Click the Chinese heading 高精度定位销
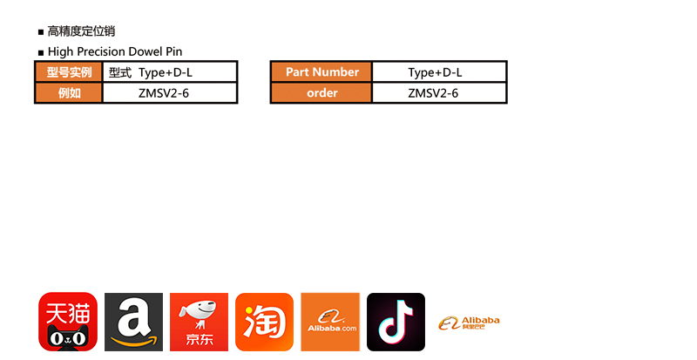click(x=81, y=32)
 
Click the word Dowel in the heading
click(x=144, y=52)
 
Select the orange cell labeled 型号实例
click(x=69, y=72)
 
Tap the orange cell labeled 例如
click(x=69, y=93)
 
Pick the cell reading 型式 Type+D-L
click(x=170, y=72)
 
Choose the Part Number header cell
click(x=321, y=72)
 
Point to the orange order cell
click(x=321, y=93)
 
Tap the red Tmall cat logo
click(x=67, y=322)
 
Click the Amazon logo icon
click(x=133, y=322)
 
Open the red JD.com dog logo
click(x=199, y=322)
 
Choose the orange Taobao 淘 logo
click(x=264, y=322)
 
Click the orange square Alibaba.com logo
click(x=330, y=322)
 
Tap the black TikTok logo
click(x=396, y=322)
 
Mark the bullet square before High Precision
click(x=41, y=53)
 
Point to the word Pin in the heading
click(x=174, y=52)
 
